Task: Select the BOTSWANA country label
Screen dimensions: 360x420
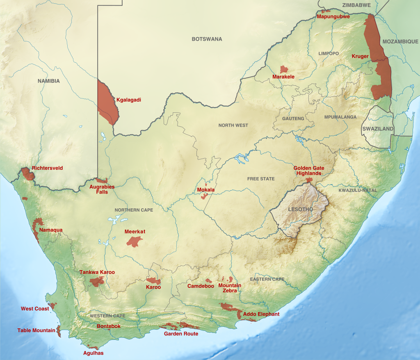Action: pyautogui.click(x=207, y=39)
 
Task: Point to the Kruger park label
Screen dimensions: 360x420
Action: pyautogui.click(x=360, y=56)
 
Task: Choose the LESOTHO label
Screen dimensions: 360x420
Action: pyautogui.click(x=300, y=209)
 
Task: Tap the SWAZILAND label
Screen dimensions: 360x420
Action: pyautogui.click(x=377, y=128)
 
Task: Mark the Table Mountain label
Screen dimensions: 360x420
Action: pyautogui.click(x=36, y=330)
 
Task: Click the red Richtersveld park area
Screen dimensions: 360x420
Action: pyautogui.click(x=28, y=174)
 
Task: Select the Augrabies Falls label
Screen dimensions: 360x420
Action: pyautogui.click(x=102, y=189)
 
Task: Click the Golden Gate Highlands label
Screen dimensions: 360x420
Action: pyautogui.click(x=308, y=171)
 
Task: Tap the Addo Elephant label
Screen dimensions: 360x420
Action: pyautogui.click(x=261, y=314)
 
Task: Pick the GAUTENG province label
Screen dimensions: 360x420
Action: pyautogui.click(x=293, y=118)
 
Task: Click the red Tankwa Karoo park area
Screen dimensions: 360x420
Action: pyautogui.click(x=97, y=281)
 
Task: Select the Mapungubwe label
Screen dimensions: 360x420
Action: pyautogui.click(x=333, y=17)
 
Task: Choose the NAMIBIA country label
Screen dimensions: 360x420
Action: pyautogui.click(x=48, y=81)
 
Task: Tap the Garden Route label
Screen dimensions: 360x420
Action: pyautogui.click(x=181, y=334)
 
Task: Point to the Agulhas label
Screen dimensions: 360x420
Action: pyautogui.click(x=93, y=353)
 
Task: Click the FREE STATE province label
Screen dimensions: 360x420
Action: pyautogui.click(x=260, y=179)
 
